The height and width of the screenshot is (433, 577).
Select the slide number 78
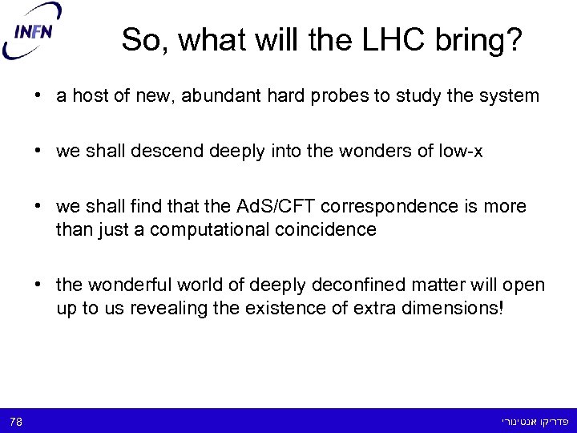[16, 421]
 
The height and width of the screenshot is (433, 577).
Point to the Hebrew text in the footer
[533, 421]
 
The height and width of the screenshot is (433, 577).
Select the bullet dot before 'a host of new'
[38, 96]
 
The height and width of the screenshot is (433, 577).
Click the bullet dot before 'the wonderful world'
[38, 285]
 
